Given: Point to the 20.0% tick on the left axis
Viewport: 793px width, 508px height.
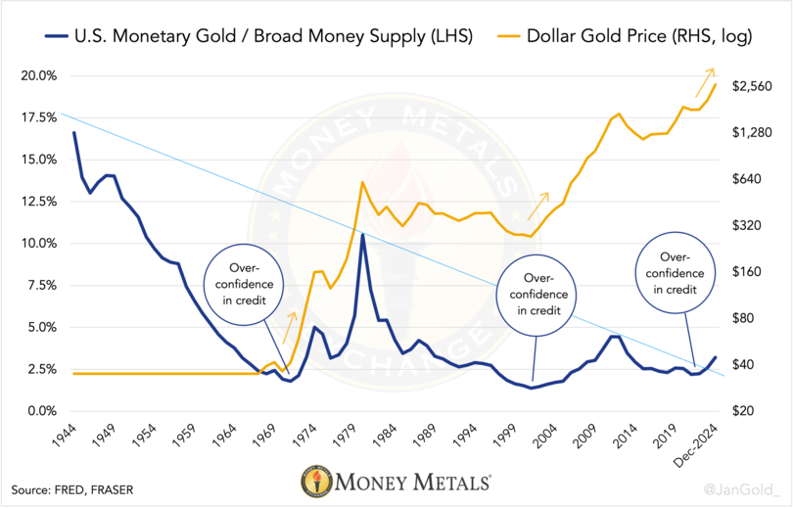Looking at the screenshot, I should [38, 75].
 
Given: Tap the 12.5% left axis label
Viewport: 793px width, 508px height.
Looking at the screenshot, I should [38, 202].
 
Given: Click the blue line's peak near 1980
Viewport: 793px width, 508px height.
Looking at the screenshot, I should [363, 235].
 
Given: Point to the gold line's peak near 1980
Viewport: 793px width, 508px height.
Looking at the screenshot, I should [363, 183].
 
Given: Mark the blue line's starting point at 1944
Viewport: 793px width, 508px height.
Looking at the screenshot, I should [74, 132].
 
